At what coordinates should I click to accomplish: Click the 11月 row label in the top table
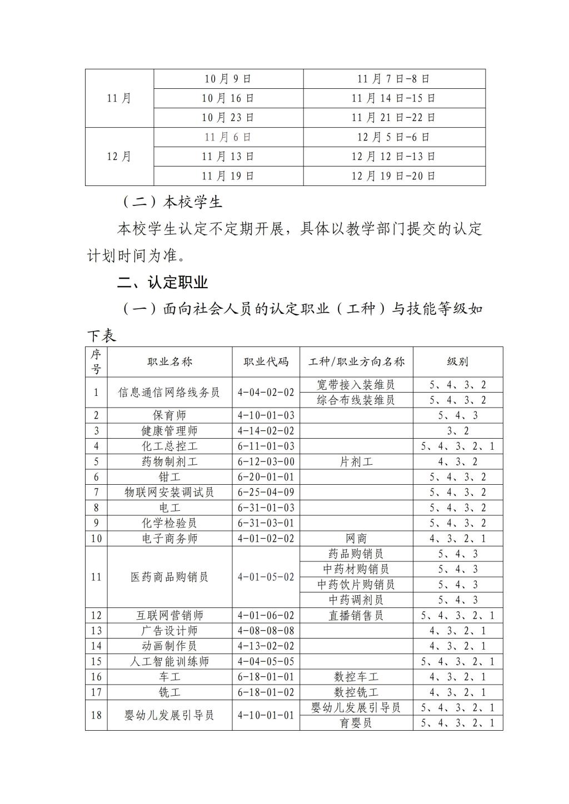tap(119, 98)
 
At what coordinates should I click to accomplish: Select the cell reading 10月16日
tap(228, 98)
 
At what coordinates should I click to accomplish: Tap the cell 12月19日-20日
tap(393, 176)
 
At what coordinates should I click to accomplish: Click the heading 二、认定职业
tap(162, 282)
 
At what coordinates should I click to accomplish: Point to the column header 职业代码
tap(266, 362)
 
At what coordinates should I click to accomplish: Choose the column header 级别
tap(457, 362)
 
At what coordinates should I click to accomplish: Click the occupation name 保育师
tap(169, 415)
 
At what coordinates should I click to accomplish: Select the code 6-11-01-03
tap(266, 446)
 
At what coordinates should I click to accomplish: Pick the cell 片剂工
tap(356, 461)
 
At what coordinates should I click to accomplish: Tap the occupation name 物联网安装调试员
tap(169, 492)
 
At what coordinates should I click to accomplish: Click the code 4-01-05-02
tap(266, 577)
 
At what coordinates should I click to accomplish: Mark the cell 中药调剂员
tap(356, 600)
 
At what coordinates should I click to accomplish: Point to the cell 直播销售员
tap(356, 615)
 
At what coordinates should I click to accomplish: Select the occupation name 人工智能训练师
tap(169, 661)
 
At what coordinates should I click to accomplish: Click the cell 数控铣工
tap(356, 692)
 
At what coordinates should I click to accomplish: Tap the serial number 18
tap(96, 715)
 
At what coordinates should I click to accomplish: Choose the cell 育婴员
tap(356, 723)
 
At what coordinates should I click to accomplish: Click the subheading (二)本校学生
tap(170, 202)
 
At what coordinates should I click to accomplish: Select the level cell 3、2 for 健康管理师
tap(457, 431)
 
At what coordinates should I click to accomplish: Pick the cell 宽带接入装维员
tap(356, 385)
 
